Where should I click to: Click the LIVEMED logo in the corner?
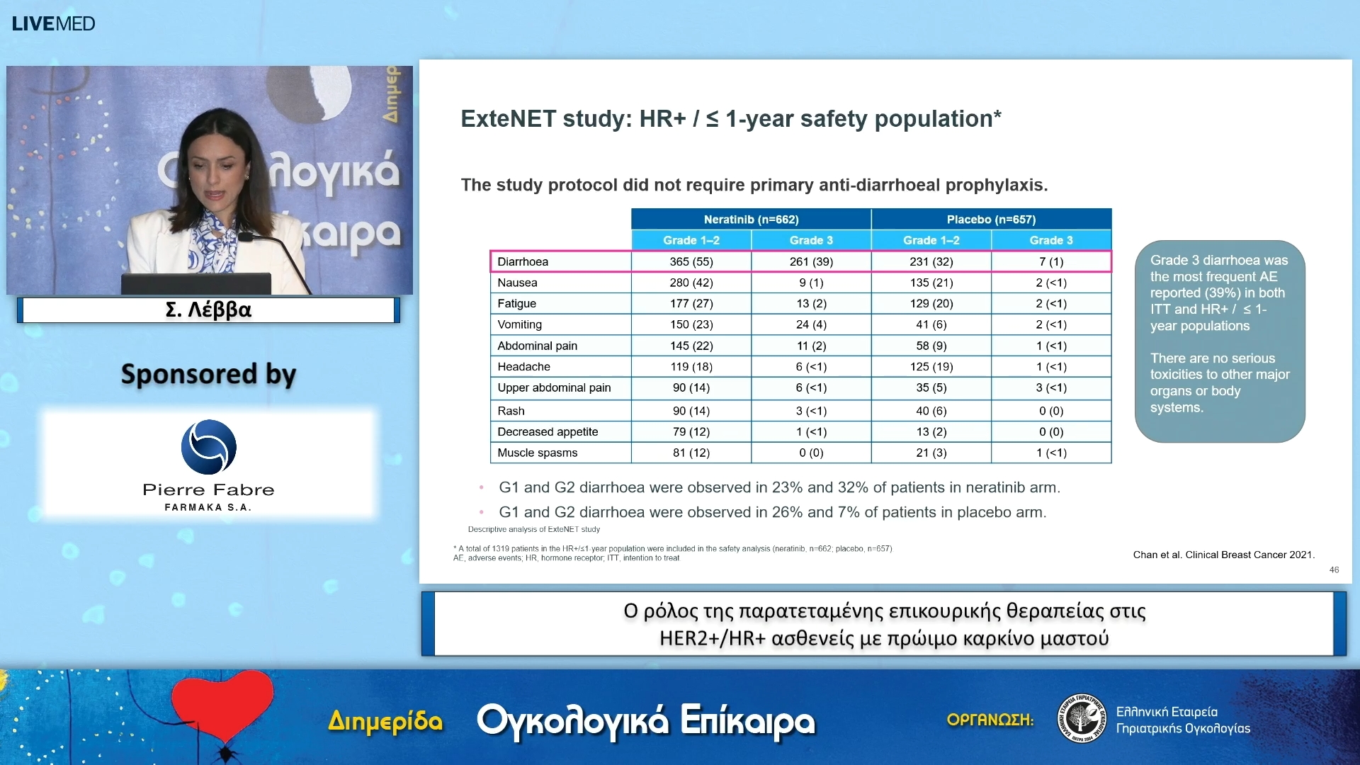(x=53, y=23)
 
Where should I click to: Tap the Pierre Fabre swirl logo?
(x=208, y=447)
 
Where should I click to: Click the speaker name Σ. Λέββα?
(x=208, y=310)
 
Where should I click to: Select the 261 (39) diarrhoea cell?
(x=811, y=261)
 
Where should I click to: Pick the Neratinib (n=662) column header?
(x=751, y=220)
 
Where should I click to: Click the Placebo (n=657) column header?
(x=990, y=220)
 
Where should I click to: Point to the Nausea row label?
(x=517, y=283)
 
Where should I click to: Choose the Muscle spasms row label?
(x=537, y=453)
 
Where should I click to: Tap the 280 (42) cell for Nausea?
(x=691, y=283)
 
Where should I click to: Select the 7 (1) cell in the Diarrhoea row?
(x=1050, y=261)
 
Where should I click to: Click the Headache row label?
(x=523, y=366)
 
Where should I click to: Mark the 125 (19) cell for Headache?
(x=931, y=366)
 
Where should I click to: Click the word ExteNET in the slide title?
(x=508, y=119)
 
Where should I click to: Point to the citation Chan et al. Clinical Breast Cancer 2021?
(x=1223, y=555)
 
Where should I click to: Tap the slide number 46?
(x=1334, y=569)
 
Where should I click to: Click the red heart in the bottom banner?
(x=222, y=705)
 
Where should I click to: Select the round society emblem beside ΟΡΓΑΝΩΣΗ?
(x=1081, y=718)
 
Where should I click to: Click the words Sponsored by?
(x=208, y=374)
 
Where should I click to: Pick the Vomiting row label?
(x=519, y=324)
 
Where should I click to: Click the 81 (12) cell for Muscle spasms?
(x=691, y=453)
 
